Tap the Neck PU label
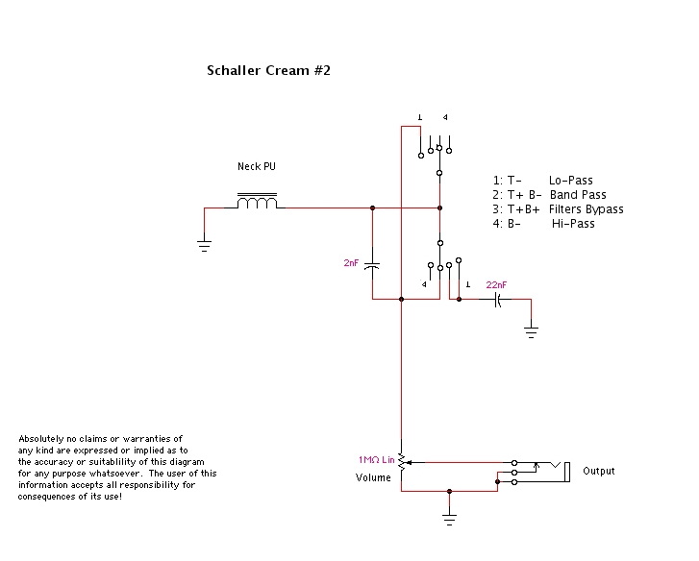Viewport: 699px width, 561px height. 256,166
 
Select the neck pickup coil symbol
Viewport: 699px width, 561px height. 257,203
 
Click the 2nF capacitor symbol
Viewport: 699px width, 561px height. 373,263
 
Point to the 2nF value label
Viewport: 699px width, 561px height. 350,263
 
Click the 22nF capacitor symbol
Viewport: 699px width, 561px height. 498,300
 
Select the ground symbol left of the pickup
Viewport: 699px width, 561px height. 204,244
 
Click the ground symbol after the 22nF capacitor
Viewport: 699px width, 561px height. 531,332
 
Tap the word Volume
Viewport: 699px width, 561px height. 373,477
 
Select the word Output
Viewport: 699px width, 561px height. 599,471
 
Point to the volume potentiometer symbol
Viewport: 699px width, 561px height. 402,464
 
